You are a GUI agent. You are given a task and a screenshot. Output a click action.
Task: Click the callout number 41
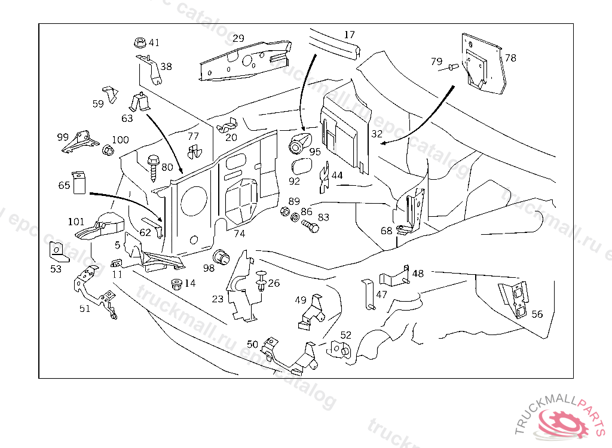tap(154, 42)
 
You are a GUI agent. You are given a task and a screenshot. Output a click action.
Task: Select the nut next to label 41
tap(139, 43)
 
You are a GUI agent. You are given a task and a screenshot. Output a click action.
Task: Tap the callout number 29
tap(238, 38)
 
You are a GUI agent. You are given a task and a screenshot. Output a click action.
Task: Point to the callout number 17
tap(350, 35)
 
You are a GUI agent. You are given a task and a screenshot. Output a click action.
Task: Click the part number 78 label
tap(510, 58)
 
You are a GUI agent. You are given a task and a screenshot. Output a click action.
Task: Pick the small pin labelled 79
tap(454, 67)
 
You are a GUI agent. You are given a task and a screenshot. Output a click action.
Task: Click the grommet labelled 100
tap(108, 149)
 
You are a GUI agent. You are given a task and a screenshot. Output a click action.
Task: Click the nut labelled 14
tap(176, 283)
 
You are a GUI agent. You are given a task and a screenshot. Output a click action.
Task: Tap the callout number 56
tap(537, 314)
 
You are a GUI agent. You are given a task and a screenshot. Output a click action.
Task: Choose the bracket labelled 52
tap(338, 349)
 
